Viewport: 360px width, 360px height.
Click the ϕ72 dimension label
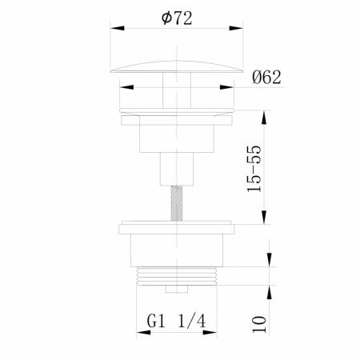pos(177,18)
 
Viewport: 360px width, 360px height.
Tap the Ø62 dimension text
pos(266,78)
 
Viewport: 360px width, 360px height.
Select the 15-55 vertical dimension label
pos(254,169)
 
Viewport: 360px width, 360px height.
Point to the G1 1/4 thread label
pos(176,321)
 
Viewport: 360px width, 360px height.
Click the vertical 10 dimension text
pos(259,324)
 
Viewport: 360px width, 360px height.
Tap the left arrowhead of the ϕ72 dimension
pos(118,28)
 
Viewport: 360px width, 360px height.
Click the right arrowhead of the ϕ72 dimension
pos(236,28)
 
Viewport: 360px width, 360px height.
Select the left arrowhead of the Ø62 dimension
pos(126,87)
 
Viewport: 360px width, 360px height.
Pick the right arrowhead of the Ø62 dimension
pos(226,87)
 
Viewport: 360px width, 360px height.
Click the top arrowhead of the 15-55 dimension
pos(264,117)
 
